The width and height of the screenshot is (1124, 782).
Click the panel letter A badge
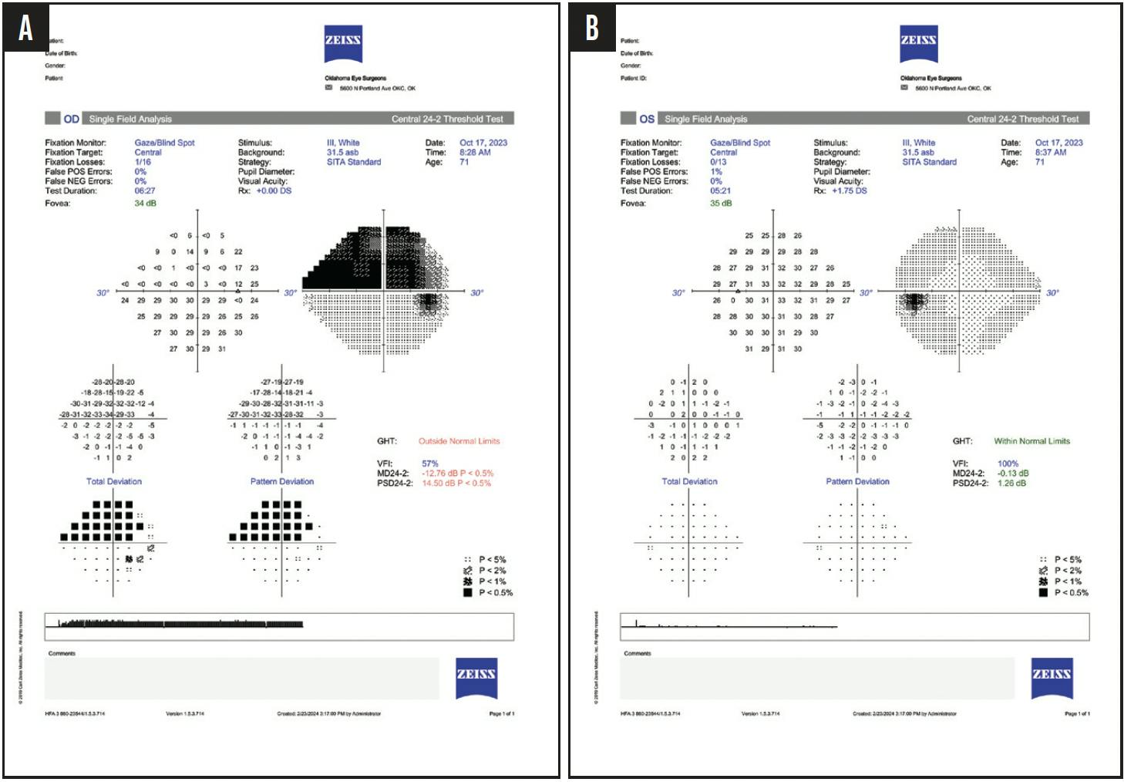26,29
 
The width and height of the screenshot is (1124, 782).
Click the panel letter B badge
592,29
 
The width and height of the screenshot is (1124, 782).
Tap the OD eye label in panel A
71,119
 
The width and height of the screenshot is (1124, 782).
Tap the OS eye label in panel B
647,119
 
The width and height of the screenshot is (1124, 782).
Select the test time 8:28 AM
475,153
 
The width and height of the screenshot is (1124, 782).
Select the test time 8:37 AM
1051,153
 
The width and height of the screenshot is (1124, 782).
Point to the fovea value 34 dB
145,204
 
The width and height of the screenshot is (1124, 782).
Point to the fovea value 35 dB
721,204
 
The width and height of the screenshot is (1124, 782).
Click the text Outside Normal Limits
459,441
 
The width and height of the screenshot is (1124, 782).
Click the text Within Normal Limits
1031,441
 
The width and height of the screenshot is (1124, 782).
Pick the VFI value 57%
429,464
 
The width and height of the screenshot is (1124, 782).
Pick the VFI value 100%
1008,464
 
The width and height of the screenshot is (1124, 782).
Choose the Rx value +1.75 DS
849,190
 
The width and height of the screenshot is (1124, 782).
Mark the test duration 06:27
145,190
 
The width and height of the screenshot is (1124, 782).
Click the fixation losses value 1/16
143,162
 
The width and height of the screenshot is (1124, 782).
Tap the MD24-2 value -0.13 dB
1012,474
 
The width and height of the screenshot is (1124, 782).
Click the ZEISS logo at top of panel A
343,44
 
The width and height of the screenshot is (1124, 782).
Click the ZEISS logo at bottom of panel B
1052,678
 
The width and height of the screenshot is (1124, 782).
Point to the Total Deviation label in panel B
689,481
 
